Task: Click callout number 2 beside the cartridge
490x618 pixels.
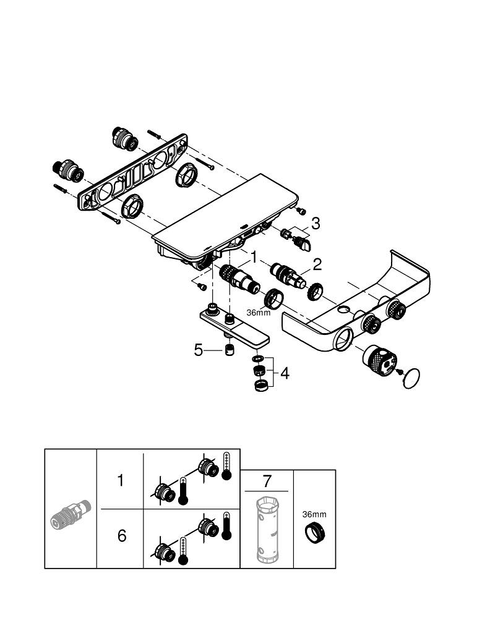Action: pos(317,265)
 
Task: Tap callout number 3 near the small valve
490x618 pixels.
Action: pos(316,223)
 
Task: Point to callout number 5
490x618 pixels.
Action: pos(199,350)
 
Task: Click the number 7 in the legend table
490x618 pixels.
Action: pos(267,480)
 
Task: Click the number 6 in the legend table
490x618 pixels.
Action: pos(121,535)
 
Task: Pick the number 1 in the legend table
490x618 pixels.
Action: pos(121,480)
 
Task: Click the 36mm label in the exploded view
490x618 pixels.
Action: pos(258,312)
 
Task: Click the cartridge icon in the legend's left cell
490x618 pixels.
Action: pos(70,514)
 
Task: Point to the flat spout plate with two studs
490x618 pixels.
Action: pos(236,326)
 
